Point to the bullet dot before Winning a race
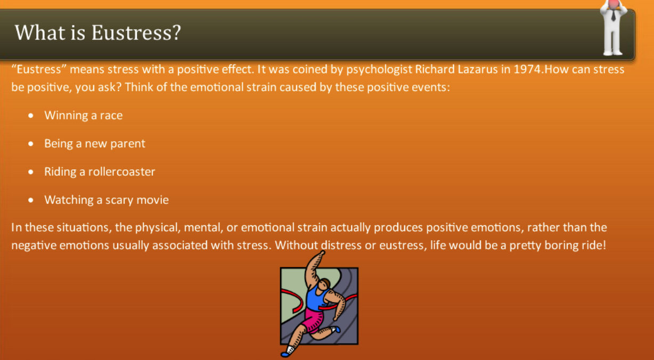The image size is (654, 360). [x=31, y=116]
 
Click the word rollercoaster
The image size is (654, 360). [x=122, y=171]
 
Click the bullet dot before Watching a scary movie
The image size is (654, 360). [x=31, y=200]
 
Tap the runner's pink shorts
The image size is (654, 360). [x=313, y=320]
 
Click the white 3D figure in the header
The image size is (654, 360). [x=613, y=27]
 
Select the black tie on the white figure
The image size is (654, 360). [x=614, y=15]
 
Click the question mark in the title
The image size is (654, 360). [x=177, y=32]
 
